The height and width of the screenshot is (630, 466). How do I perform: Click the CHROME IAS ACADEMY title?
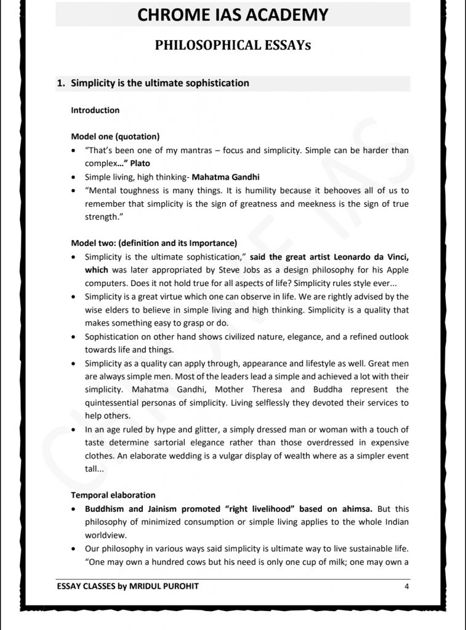coord(233,15)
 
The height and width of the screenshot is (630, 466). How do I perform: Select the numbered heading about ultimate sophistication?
coord(160,83)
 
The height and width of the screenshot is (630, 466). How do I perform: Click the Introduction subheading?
coord(95,111)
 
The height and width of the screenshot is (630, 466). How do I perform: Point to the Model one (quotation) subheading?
coord(116,137)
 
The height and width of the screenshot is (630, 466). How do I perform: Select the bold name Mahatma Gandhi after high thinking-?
coord(225,177)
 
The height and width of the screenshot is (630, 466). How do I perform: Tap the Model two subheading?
coord(154,242)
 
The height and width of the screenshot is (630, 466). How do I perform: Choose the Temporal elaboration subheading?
coord(113,495)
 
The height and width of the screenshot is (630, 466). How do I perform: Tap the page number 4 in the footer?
coord(407,586)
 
